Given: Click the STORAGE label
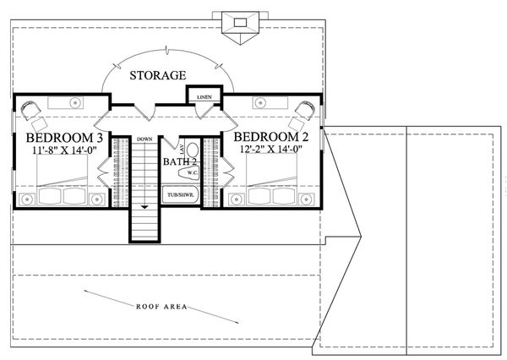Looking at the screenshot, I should (x=157, y=76).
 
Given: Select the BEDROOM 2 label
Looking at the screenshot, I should (x=270, y=138).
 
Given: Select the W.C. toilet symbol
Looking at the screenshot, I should (x=188, y=172).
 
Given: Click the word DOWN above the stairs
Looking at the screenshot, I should (x=144, y=139).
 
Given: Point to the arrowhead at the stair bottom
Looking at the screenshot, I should (x=144, y=205).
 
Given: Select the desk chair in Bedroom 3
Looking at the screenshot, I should (x=32, y=110).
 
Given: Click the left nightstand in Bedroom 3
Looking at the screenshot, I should (x=26, y=198).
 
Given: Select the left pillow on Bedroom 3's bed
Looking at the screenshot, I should (x=50, y=197).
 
